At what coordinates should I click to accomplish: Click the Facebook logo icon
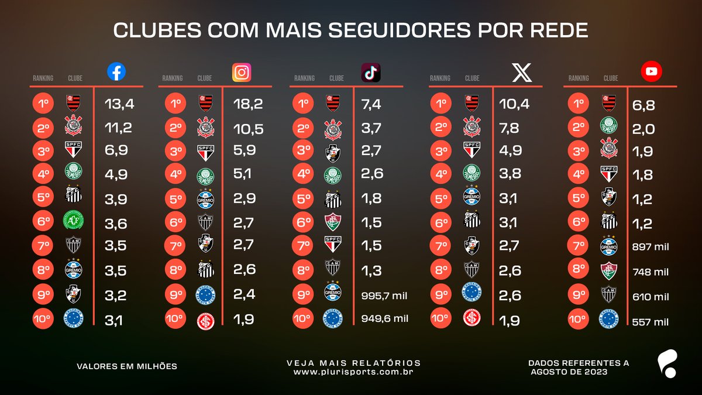(116, 72)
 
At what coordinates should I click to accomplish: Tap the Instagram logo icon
(242, 72)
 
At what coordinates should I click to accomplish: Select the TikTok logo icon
(371, 72)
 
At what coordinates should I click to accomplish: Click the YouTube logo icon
(651, 72)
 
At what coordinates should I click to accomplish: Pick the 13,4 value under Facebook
(119, 104)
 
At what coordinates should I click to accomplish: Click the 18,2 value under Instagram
(248, 104)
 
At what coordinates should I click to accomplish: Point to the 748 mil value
(651, 272)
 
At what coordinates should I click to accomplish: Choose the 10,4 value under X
(514, 104)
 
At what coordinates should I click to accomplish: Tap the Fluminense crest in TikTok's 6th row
(333, 222)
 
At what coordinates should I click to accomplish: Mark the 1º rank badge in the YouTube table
(578, 104)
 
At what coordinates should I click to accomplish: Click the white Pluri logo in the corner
(666, 363)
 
